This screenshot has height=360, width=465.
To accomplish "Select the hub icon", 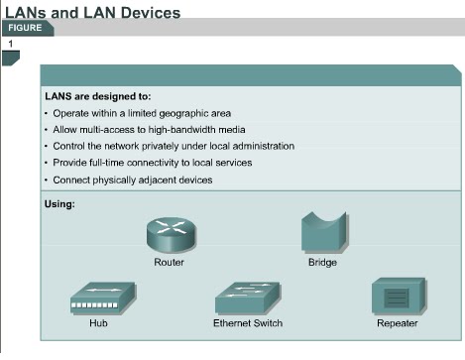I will coord(95,298).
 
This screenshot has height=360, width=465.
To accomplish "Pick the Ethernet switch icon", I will coord(247,298).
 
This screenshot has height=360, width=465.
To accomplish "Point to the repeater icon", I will coord(397,297).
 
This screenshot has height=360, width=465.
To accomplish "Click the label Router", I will coord(169,263).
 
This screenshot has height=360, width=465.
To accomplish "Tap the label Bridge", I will coord(322,263).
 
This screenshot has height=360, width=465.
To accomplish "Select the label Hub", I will coord(95,323).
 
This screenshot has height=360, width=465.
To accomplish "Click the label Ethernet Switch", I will coord(248,323).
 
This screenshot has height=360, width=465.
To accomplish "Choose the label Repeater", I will coord(397,323).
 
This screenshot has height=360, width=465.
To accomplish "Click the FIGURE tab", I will coord(26,27).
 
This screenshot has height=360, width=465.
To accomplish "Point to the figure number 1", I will coord(11,45).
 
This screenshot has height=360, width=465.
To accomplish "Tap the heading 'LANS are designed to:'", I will coord(97,97).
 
